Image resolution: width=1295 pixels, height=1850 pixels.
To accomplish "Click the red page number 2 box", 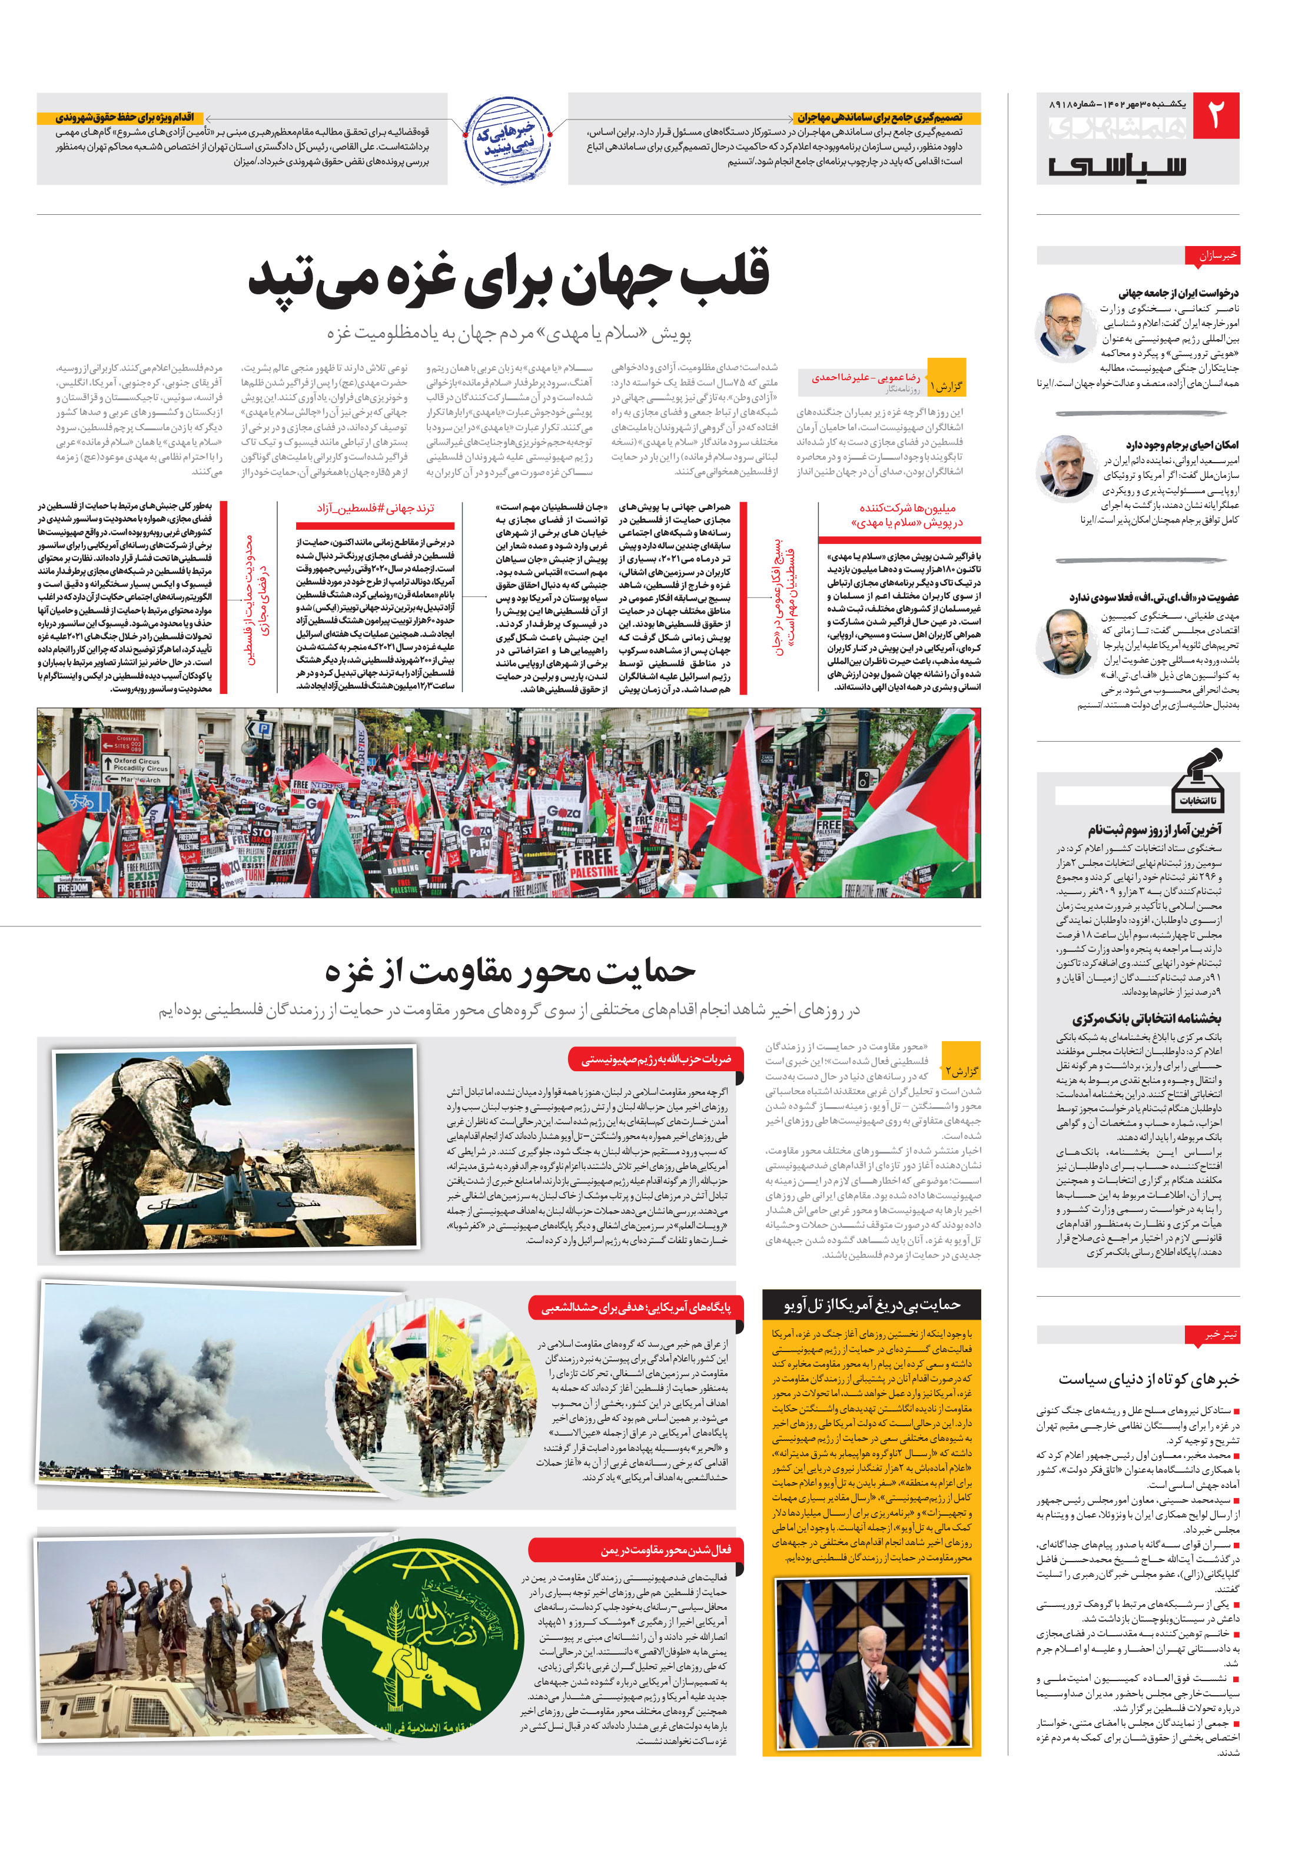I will pyautogui.click(x=1214, y=117).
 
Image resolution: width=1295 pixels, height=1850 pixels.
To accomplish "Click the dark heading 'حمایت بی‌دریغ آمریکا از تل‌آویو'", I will pyautogui.click(x=871, y=1304).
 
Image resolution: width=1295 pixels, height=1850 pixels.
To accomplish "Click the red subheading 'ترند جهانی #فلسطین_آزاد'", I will pyautogui.click(x=376, y=509).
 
